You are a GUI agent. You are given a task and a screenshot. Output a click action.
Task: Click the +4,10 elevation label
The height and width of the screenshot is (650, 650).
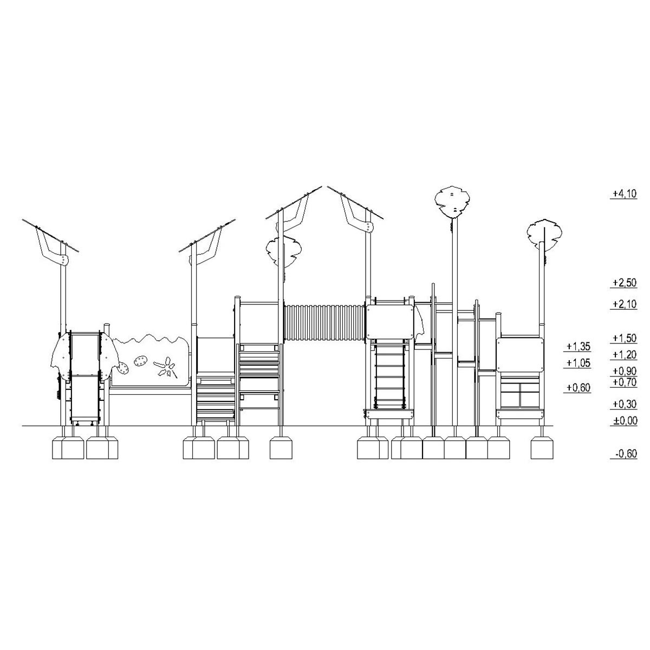click(x=625, y=193)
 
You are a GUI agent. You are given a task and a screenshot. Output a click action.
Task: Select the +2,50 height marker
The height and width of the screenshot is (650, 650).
click(x=625, y=283)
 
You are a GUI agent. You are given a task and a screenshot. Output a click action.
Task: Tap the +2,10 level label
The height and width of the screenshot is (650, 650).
click(x=625, y=304)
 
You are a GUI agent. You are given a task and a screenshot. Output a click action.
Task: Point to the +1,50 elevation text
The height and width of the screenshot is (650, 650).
click(x=625, y=338)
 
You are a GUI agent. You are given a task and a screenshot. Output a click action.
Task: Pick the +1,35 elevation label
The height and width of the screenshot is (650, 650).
click(x=578, y=347)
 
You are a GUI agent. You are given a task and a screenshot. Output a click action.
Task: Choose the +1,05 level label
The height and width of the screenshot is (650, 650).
click(x=578, y=363)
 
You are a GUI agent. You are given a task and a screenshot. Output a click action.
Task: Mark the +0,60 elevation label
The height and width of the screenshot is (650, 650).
click(x=578, y=388)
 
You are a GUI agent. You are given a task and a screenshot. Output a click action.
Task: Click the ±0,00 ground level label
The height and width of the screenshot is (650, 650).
click(x=625, y=421)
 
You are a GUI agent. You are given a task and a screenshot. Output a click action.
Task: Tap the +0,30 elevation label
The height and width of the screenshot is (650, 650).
click(x=625, y=404)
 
